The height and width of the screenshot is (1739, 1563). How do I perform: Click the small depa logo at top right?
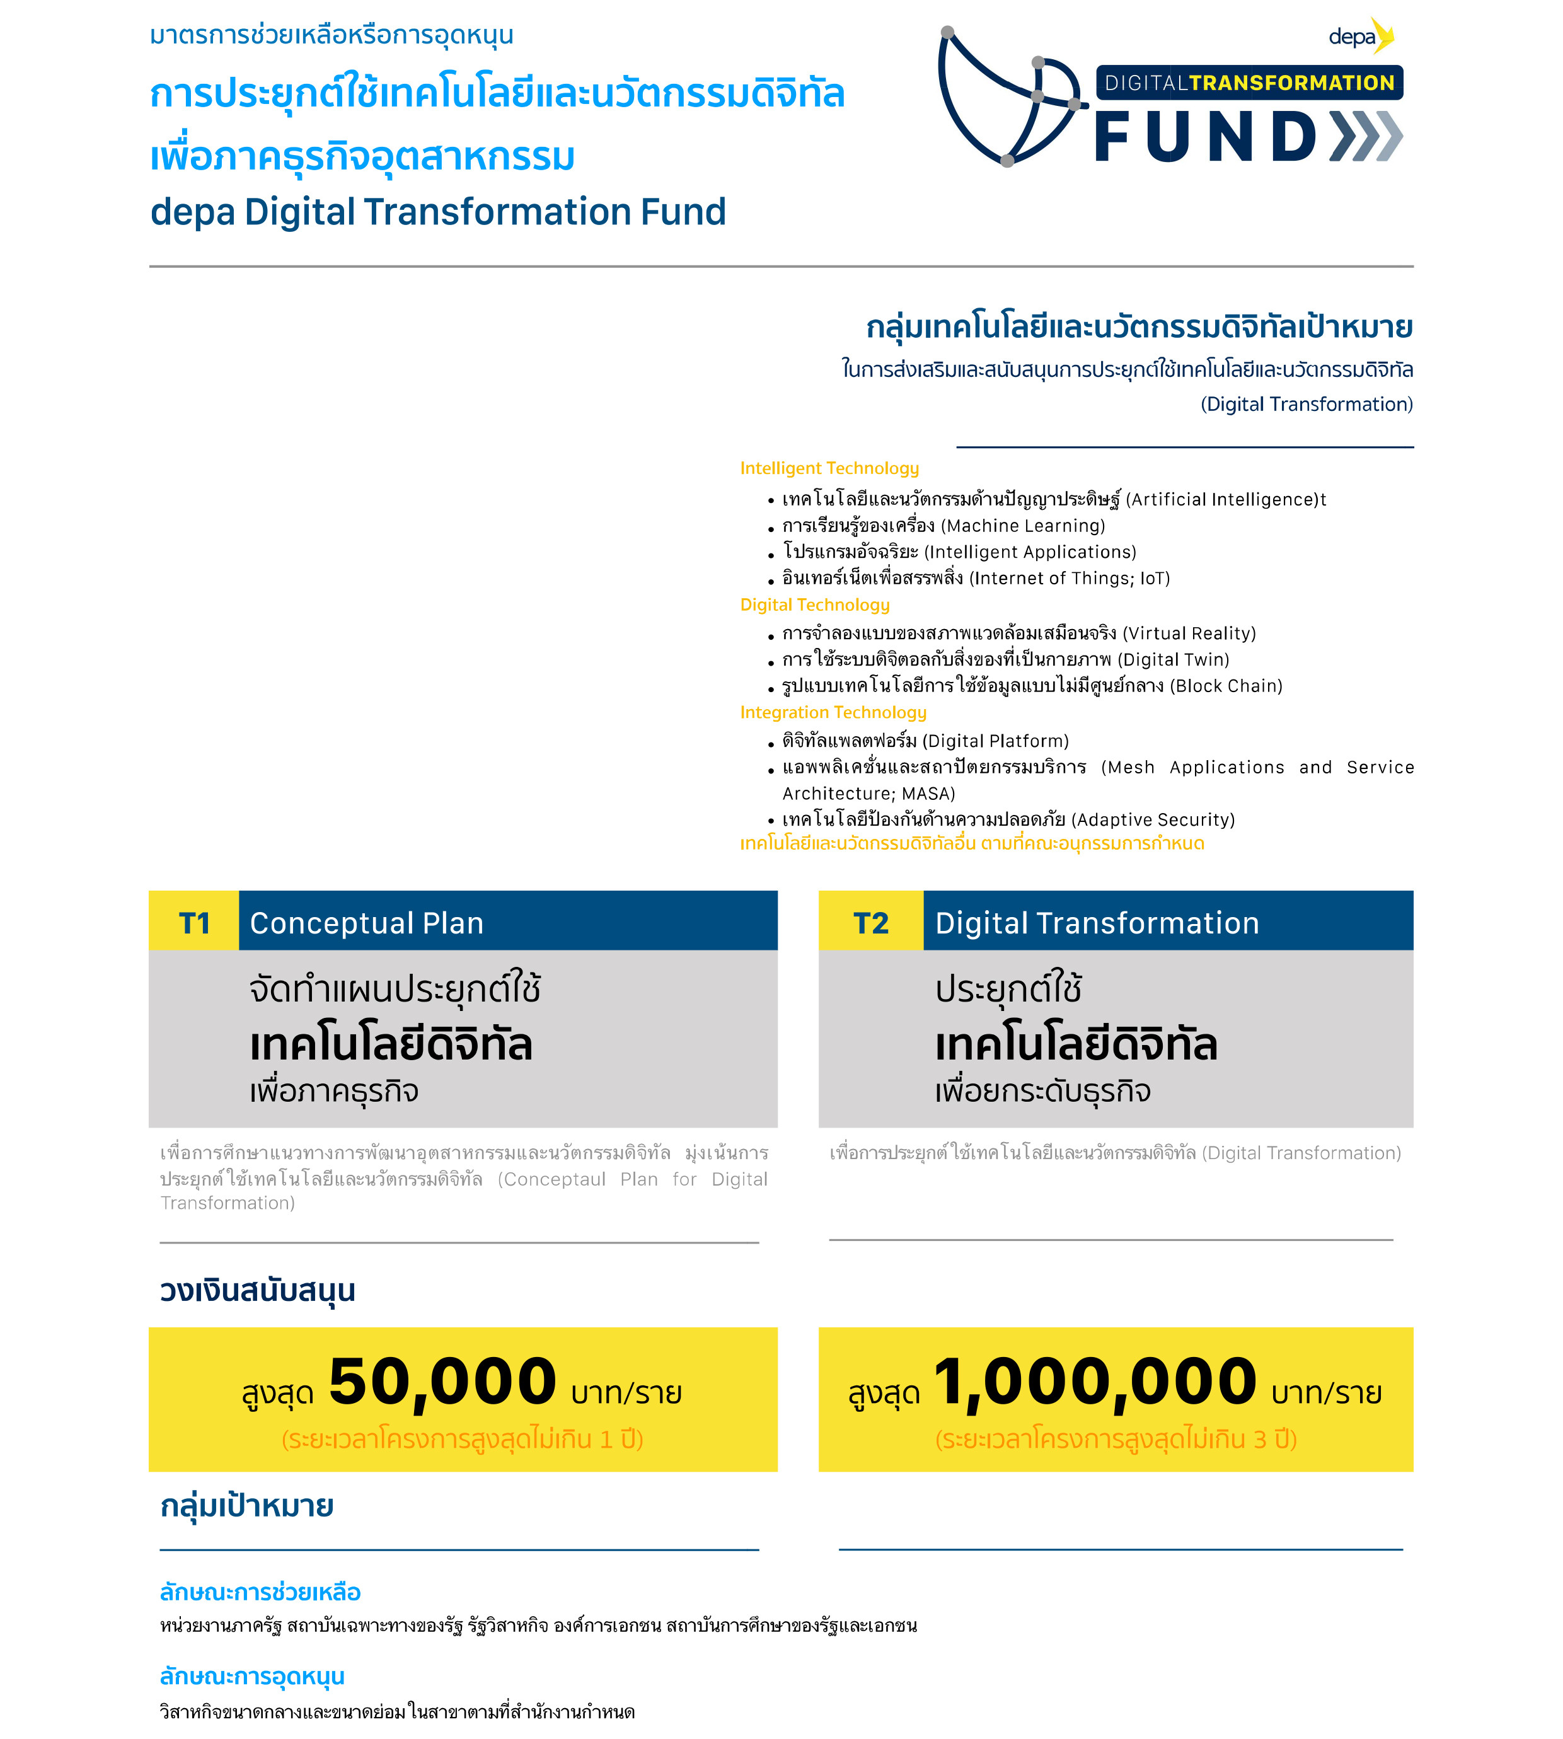[x=1360, y=36]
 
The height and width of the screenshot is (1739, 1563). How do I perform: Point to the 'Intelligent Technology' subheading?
[x=829, y=468]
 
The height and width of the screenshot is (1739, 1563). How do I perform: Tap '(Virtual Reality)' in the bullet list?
[x=1189, y=633]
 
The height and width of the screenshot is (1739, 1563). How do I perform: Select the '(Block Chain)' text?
[x=1225, y=685]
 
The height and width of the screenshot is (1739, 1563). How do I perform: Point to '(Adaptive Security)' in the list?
[x=1153, y=819]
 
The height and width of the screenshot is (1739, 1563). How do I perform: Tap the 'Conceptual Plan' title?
[x=367, y=923]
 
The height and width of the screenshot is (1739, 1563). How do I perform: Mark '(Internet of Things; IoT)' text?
[x=1069, y=578]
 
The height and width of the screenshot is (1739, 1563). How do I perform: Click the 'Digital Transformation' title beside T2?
[x=1097, y=923]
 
